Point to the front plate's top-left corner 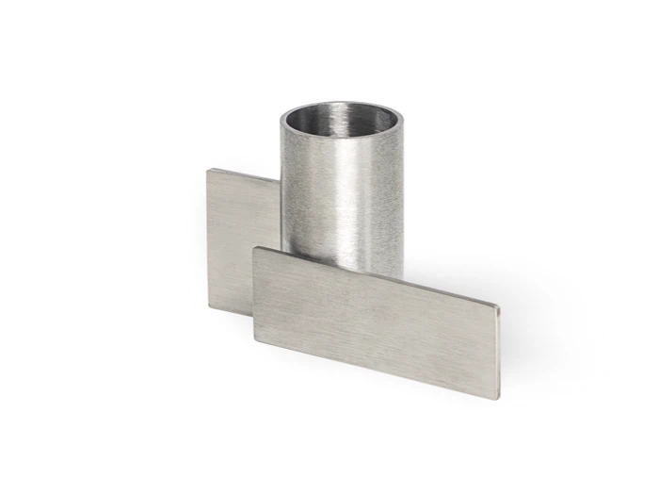[x=255, y=249]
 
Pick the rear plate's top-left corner [x=209, y=170]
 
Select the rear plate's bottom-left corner [x=209, y=305]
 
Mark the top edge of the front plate [x=377, y=277]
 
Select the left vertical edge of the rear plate [x=208, y=236]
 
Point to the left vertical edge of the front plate [x=253, y=292]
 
